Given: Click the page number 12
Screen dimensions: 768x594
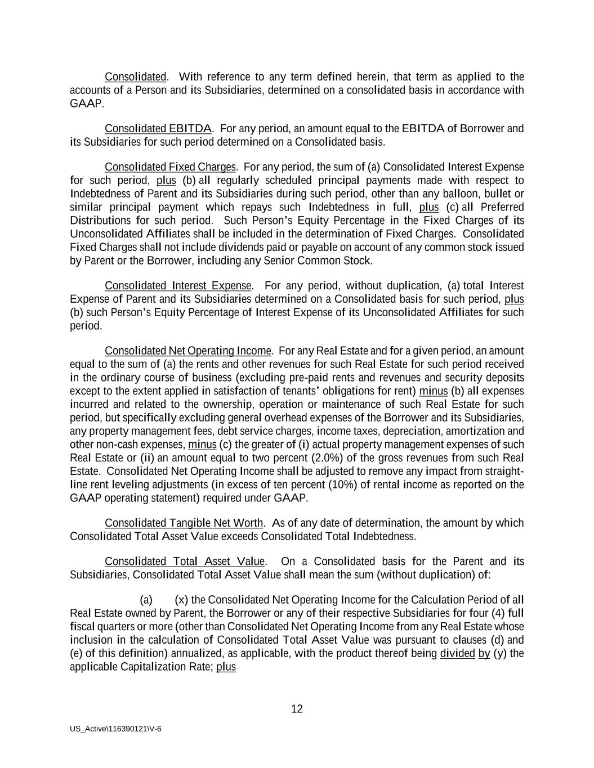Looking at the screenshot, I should [x=297, y=709].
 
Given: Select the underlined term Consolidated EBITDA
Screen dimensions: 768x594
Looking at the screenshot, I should [x=158, y=128].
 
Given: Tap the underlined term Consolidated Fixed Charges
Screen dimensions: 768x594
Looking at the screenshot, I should [x=170, y=167].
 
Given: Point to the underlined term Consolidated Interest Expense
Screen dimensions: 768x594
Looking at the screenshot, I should [x=178, y=286].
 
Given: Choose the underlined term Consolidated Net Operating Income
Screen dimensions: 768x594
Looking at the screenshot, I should [x=188, y=351].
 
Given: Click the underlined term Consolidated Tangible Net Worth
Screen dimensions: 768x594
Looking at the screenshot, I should [x=184, y=523].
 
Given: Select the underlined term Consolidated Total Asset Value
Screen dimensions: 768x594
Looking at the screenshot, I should [x=185, y=562].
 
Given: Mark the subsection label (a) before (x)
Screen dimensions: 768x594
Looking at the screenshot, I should [x=146, y=600].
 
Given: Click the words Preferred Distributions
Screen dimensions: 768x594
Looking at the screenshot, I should [x=495, y=208].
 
